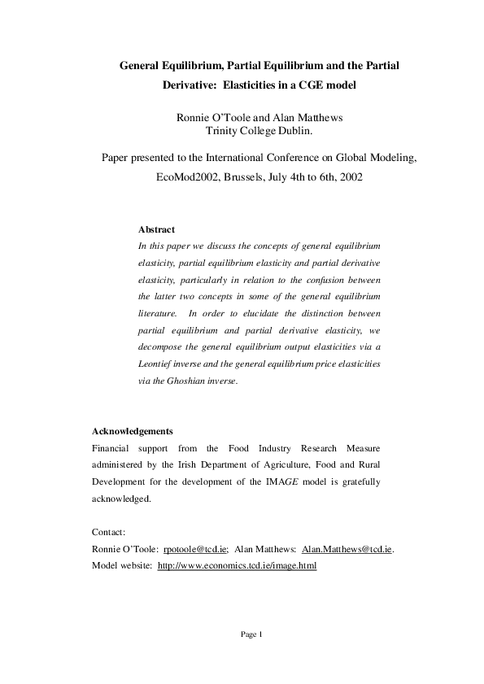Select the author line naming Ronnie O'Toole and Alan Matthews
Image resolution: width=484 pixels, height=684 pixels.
pos(259,117)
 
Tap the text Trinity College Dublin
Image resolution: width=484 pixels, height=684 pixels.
pos(259,130)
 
